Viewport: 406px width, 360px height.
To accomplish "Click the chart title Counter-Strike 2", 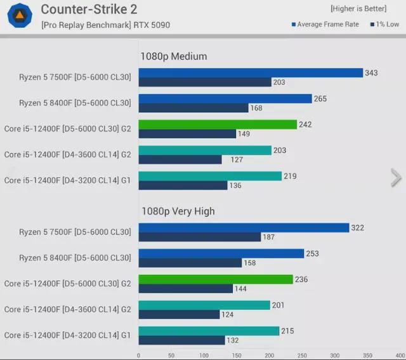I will [x=88, y=10].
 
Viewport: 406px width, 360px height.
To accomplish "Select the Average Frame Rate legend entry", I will [x=325, y=25].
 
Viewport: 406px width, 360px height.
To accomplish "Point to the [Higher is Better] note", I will [x=358, y=9].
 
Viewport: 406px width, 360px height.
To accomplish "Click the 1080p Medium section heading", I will [x=174, y=57].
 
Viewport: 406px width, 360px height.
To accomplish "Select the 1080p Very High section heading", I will [x=178, y=211].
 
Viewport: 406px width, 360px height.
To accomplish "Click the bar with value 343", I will [x=251, y=73].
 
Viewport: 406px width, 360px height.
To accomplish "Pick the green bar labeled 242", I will [x=218, y=124].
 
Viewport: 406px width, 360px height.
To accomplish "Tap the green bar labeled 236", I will [x=216, y=279].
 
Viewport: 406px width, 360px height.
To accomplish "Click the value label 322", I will [x=358, y=228].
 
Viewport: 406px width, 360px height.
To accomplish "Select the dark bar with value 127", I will [x=180, y=159].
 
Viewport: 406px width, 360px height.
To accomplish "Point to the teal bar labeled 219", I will [x=210, y=176].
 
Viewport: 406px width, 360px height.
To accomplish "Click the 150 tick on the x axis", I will [x=237, y=356].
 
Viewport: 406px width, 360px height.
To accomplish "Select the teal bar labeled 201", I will [x=204, y=305].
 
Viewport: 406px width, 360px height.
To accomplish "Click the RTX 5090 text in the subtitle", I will [x=153, y=25].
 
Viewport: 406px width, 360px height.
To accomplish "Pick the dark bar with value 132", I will [x=181, y=340].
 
